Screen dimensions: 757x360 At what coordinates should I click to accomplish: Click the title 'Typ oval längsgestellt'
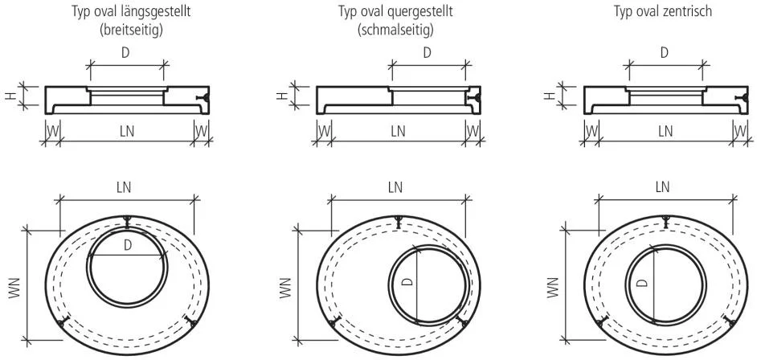pos(131,11)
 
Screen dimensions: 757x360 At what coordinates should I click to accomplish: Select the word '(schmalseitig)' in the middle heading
pos(395,30)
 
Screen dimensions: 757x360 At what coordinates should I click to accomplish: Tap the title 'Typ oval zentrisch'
pos(663,10)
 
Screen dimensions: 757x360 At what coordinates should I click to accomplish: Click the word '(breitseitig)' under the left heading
pos(131,30)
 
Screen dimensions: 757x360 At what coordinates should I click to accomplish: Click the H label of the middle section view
pos(281,96)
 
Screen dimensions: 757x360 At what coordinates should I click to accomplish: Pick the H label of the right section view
pos(549,96)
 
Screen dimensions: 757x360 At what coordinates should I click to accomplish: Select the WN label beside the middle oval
pos(285,288)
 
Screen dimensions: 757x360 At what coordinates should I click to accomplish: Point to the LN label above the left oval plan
pos(124,187)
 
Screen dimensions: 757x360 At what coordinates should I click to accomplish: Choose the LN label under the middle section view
pos(398,131)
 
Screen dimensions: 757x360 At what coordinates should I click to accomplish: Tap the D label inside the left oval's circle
pos(128,245)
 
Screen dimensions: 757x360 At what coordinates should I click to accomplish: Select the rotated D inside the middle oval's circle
pos(407,281)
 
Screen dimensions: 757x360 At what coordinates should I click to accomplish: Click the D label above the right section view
pos(665,52)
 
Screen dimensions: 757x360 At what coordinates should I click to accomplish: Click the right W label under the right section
pos(740,131)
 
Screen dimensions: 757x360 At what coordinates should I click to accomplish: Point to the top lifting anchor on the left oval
pos(126,222)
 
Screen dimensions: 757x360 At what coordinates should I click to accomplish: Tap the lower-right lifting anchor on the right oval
pos(729,321)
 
